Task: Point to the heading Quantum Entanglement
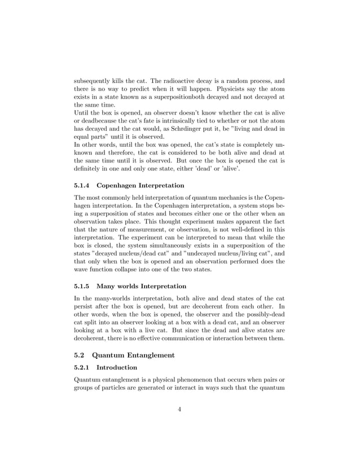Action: (x=135, y=355)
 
